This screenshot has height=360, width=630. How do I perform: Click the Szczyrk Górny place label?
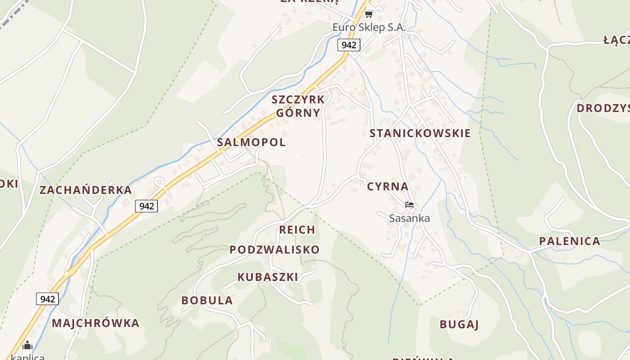[298, 106]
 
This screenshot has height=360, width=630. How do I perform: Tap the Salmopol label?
[251, 142]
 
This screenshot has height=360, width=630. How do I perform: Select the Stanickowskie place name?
[420, 133]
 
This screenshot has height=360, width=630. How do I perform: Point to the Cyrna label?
[387, 186]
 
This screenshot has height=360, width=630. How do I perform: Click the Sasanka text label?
[409, 218]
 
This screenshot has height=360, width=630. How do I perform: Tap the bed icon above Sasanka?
[409, 205]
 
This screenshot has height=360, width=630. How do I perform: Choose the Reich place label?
[297, 230]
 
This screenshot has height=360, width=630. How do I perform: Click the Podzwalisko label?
[274, 250]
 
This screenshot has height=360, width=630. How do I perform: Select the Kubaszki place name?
[268, 277]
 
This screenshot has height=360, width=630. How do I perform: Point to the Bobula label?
[207, 301]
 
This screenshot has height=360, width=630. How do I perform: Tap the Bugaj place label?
[459, 324]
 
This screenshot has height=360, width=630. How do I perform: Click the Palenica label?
[569, 241]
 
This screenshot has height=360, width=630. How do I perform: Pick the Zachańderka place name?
[85, 190]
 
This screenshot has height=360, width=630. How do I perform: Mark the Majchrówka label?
[95, 323]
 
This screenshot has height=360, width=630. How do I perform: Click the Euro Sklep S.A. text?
[369, 27]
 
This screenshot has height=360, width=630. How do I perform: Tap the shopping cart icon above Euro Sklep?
[369, 14]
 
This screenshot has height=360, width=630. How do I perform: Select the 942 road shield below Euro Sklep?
[349, 45]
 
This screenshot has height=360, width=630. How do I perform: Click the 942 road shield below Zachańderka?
[147, 206]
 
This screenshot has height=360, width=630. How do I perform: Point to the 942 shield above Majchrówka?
[47, 299]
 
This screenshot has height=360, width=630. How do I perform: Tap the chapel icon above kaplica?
[27, 345]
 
